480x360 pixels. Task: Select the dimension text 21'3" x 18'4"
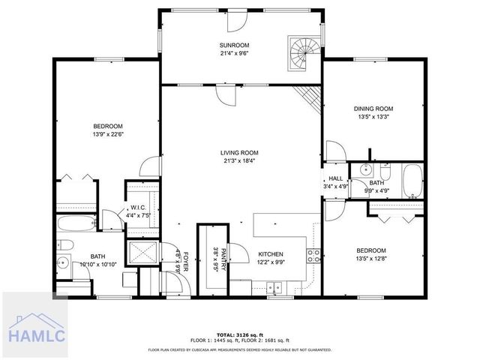[x=240, y=160]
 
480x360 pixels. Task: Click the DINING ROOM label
[x=373, y=109]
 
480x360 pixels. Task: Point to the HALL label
[x=335, y=178]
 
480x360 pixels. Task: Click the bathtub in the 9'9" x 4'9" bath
[x=412, y=181]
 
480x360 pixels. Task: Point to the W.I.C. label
[x=138, y=208]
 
